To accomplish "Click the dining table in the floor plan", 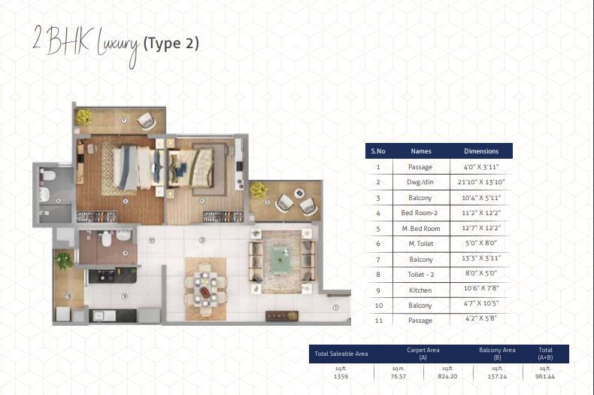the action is tap(205, 288).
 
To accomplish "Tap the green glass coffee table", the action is tap(280, 260).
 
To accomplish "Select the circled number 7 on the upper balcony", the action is tap(123, 120).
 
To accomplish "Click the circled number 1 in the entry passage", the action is tap(335, 308).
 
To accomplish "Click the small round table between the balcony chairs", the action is tap(300, 193).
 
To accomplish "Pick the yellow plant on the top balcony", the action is tap(83, 117).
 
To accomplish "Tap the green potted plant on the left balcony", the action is tap(64, 260).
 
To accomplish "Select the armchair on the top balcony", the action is tap(147, 121).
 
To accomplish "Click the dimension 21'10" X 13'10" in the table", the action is tap(481, 182).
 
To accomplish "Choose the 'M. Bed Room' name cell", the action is tap(421, 229).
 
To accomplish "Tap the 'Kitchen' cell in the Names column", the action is tap(420, 290).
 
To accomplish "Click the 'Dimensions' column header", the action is tap(481, 151).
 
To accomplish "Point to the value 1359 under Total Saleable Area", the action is tap(341, 376).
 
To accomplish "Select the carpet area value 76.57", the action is tap(399, 376).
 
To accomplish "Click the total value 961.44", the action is tap(545, 376).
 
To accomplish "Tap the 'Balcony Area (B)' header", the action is tap(497, 354).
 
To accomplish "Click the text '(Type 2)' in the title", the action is tap(171, 43).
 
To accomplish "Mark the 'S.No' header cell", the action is tap(378, 151).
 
